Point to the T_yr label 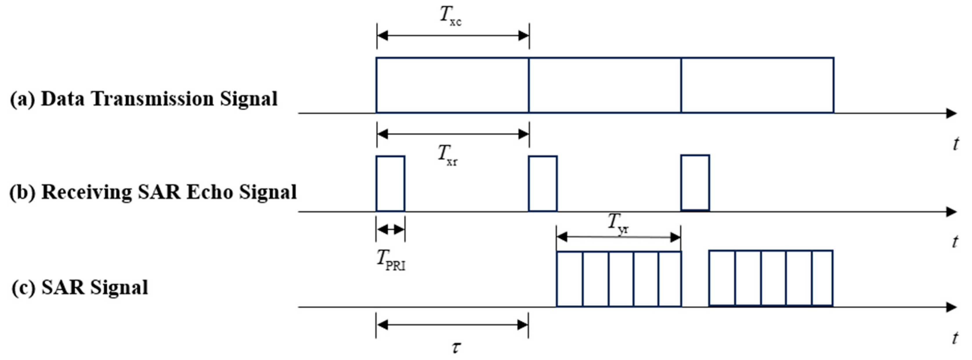(618, 223)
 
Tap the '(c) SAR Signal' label (80, 287)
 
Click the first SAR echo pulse (390, 183)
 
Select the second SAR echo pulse (543, 183)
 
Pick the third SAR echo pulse (695, 183)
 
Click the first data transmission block (452, 85)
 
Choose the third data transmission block (757, 85)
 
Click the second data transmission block (605, 85)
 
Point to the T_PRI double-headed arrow (391, 229)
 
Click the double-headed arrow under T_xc (453, 36)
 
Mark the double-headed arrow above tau (452, 325)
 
